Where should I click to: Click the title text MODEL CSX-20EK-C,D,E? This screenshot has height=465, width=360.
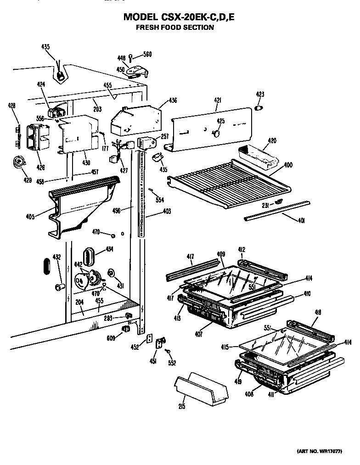(x=181, y=17)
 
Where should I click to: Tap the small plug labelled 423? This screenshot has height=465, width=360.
(x=259, y=107)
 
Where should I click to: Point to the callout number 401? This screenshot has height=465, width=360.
(x=301, y=221)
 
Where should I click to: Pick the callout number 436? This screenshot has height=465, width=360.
(x=173, y=101)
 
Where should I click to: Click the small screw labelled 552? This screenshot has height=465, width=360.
(x=169, y=352)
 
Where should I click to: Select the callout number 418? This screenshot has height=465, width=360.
(x=318, y=312)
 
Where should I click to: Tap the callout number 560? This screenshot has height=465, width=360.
(x=147, y=54)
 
